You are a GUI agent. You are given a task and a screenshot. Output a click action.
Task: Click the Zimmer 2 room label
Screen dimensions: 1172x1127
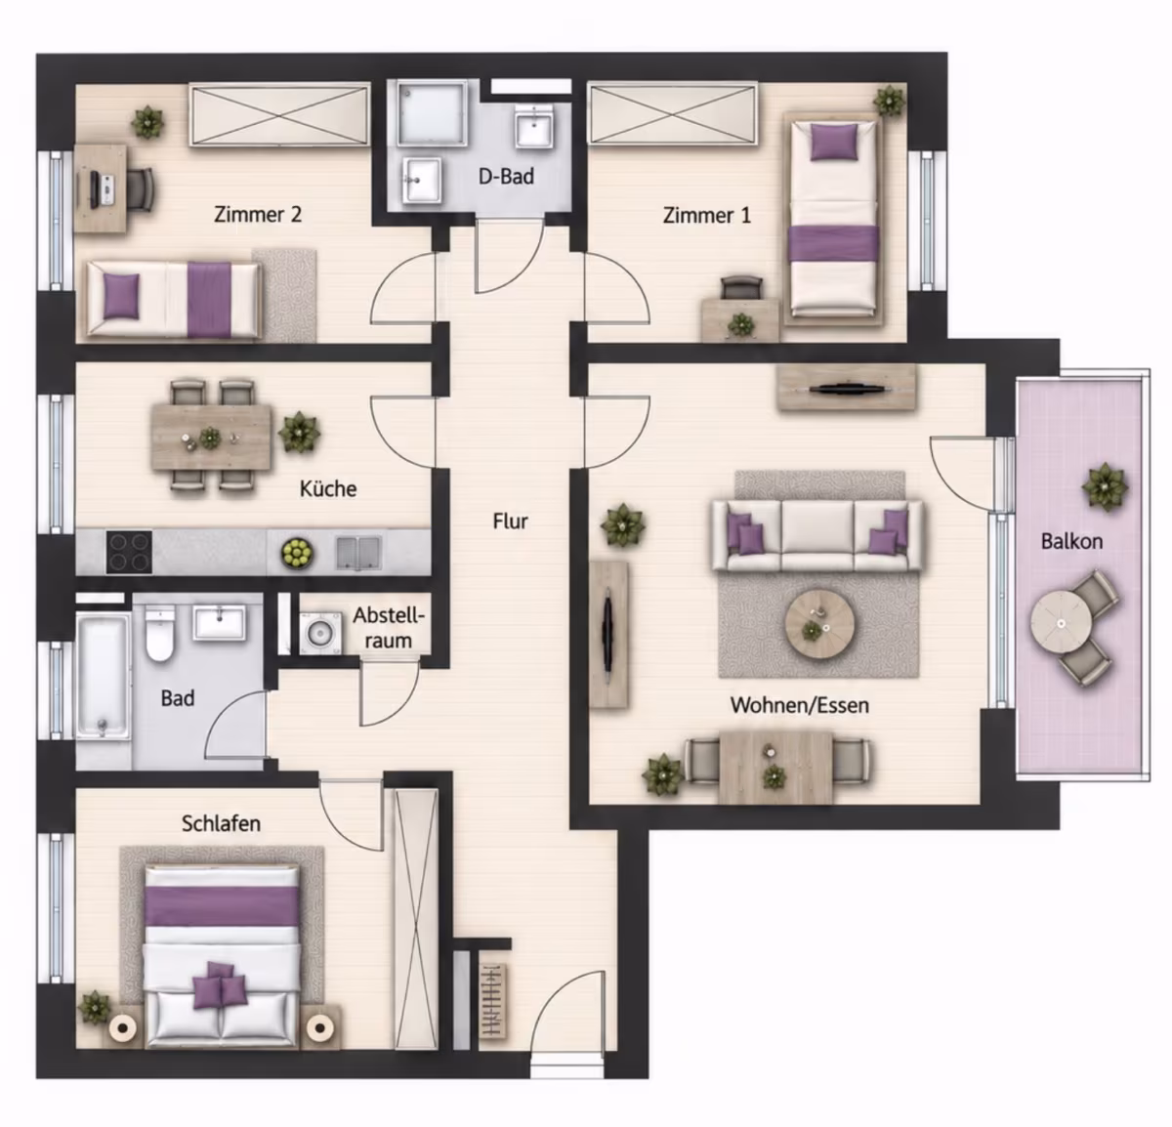pyautogui.click(x=258, y=215)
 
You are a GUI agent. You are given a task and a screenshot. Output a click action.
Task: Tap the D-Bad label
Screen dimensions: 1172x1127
pyautogui.click(x=506, y=177)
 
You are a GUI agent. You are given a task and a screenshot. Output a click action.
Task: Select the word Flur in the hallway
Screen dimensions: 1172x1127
pyautogui.click(x=510, y=522)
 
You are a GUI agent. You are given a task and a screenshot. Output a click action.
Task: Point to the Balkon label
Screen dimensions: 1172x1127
pyautogui.click(x=1072, y=541)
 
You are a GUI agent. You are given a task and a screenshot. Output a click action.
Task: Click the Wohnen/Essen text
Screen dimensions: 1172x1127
pyautogui.click(x=799, y=705)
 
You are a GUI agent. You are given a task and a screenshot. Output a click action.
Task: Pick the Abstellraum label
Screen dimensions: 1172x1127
pyautogui.click(x=389, y=628)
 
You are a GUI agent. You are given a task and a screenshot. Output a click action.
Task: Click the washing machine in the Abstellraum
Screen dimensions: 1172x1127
pyautogui.click(x=320, y=633)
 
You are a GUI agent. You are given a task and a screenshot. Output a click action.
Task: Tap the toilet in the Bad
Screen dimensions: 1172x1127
pyautogui.click(x=159, y=633)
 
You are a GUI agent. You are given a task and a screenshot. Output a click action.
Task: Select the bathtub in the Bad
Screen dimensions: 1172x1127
pyautogui.click(x=103, y=676)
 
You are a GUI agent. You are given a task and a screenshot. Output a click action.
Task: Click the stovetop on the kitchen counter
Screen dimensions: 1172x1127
pyautogui.click(x=129, y=551)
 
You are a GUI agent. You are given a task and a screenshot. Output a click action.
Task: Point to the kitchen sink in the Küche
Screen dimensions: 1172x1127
pyautogui.click(x=358, y=553)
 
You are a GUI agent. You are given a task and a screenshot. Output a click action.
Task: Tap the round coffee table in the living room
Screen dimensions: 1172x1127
pyautogui.click(x=819, y=626)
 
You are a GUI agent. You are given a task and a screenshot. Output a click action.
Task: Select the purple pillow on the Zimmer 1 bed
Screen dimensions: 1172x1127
pyautogui.click(x=833, y=143)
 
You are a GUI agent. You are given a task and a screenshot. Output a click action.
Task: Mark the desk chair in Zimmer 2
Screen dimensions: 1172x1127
pyautogui.click(x=141, y=189)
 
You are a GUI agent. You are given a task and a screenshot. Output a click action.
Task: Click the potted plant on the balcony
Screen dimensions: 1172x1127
pyautogui.click(x=1106, y=486)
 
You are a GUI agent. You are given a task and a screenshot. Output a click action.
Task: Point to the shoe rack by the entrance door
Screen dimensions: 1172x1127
pyautogui.click(x=493, y=1000)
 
